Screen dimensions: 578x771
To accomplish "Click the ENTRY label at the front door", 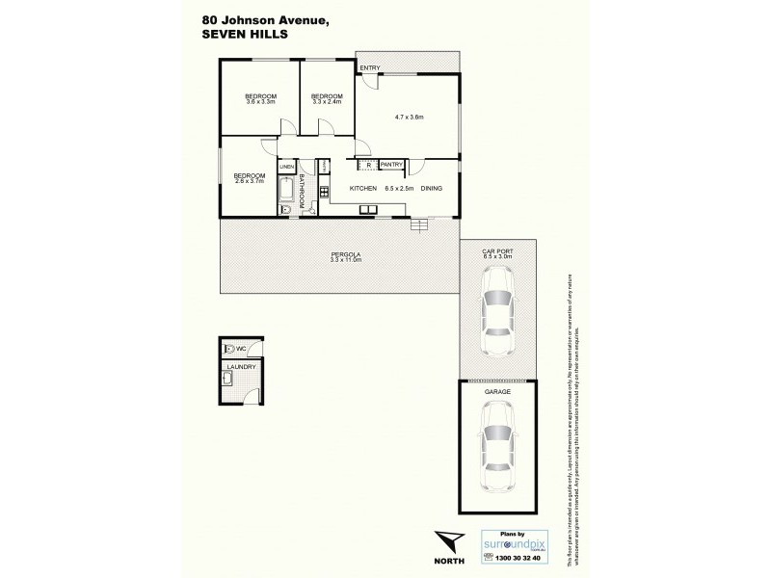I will [369, 67].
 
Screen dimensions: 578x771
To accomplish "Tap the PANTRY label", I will [391, 165].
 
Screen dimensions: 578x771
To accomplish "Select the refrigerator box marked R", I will [369, 165].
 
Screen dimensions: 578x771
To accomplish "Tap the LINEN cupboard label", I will [286, 168].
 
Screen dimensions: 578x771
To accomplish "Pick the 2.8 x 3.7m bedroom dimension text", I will [249, 180].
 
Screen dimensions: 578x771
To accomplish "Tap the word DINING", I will [431, 188].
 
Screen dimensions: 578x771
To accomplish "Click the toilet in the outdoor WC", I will [228, 350].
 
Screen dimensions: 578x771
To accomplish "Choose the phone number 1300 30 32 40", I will [516, 557].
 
